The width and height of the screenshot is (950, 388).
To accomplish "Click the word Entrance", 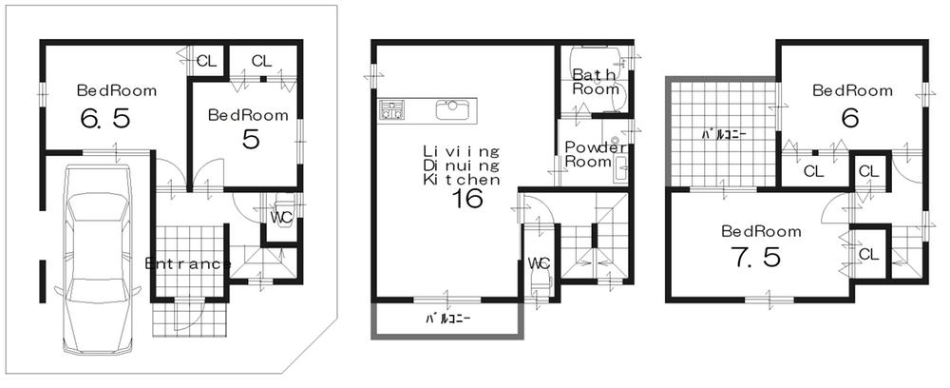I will pos(187,263).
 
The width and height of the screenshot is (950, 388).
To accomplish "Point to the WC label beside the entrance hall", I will pos(280,217).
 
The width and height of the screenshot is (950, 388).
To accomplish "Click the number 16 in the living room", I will pos(466,199).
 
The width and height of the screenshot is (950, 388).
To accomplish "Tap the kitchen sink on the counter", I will pos(451,109).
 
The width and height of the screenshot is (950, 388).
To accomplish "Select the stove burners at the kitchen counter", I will pos(391,109).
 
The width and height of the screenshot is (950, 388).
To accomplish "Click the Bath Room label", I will pos(595,81).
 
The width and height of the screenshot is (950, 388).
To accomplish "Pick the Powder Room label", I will pos(594,154).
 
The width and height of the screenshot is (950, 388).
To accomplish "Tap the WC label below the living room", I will pos(539,262).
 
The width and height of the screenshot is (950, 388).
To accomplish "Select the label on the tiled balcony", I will pos(723,134).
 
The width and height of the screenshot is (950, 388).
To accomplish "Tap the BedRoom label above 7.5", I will pos(760,231).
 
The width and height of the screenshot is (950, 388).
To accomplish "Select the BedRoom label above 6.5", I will pos(117,91).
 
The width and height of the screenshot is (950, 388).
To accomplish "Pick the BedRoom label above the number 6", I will pos(851,91).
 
